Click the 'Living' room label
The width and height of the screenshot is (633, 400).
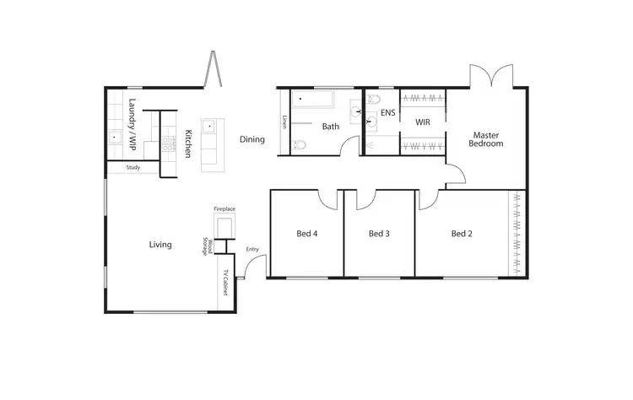click(160, 245)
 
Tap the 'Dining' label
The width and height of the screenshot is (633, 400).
click(252, 140)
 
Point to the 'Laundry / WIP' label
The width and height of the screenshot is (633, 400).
click(132, 125)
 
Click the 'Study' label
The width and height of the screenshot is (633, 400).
click(133, 167)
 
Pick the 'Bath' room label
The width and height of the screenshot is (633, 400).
click(330, 127)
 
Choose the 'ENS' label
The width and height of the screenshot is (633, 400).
click(388, 112)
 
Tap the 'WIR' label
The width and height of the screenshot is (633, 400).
click(423, 122)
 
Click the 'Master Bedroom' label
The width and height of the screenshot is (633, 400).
click(486, 139)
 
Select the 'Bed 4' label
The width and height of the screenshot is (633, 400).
click(306, 234)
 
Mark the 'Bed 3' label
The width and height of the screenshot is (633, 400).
click(379, 234)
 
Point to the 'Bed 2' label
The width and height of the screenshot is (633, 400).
click(461, 234)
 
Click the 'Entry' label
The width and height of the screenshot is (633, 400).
click(252, 249)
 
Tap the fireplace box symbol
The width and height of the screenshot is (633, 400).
click(225, 228)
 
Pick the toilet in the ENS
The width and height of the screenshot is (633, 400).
click(373, 100)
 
